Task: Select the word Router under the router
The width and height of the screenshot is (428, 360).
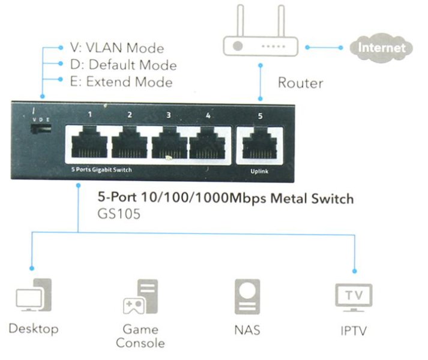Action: point(301,83)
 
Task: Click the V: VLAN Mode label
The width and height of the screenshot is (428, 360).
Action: point(116,48)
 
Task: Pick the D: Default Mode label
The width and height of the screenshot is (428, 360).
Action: point(123,65)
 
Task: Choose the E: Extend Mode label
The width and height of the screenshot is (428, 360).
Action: point(121,82)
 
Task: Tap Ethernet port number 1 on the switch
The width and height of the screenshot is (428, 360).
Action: point(89,145)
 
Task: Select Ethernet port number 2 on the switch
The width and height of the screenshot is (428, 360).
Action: point(129,145)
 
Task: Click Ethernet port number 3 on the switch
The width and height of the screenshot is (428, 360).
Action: point(169,145)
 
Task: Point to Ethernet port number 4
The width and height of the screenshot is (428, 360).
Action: point(208,145)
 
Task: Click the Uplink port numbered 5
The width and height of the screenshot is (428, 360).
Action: point(260,145)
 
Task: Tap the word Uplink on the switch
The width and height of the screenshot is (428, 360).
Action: point(260,172)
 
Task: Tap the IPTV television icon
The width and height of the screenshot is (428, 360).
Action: point(354,296)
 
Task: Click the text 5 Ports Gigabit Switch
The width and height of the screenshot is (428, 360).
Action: point(100,170)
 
